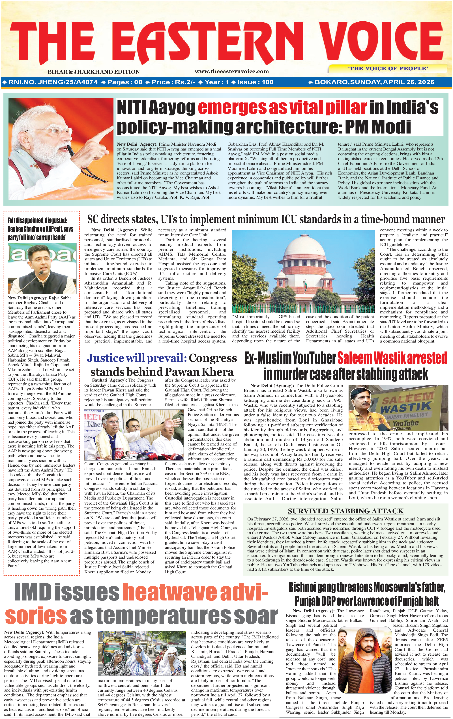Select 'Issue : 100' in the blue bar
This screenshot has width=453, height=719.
pos(255,82)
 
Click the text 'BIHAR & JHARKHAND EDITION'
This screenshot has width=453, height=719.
pos(93,72)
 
